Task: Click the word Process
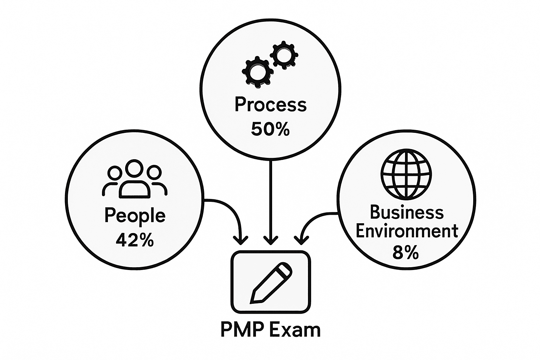pos(270,105)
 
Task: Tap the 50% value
pos(270,129)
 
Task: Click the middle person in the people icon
pos(135,179)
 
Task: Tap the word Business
pos(407,212)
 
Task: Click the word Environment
pos(407,231)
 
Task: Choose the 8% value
pos(406,252)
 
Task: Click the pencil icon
pos(271,282)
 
